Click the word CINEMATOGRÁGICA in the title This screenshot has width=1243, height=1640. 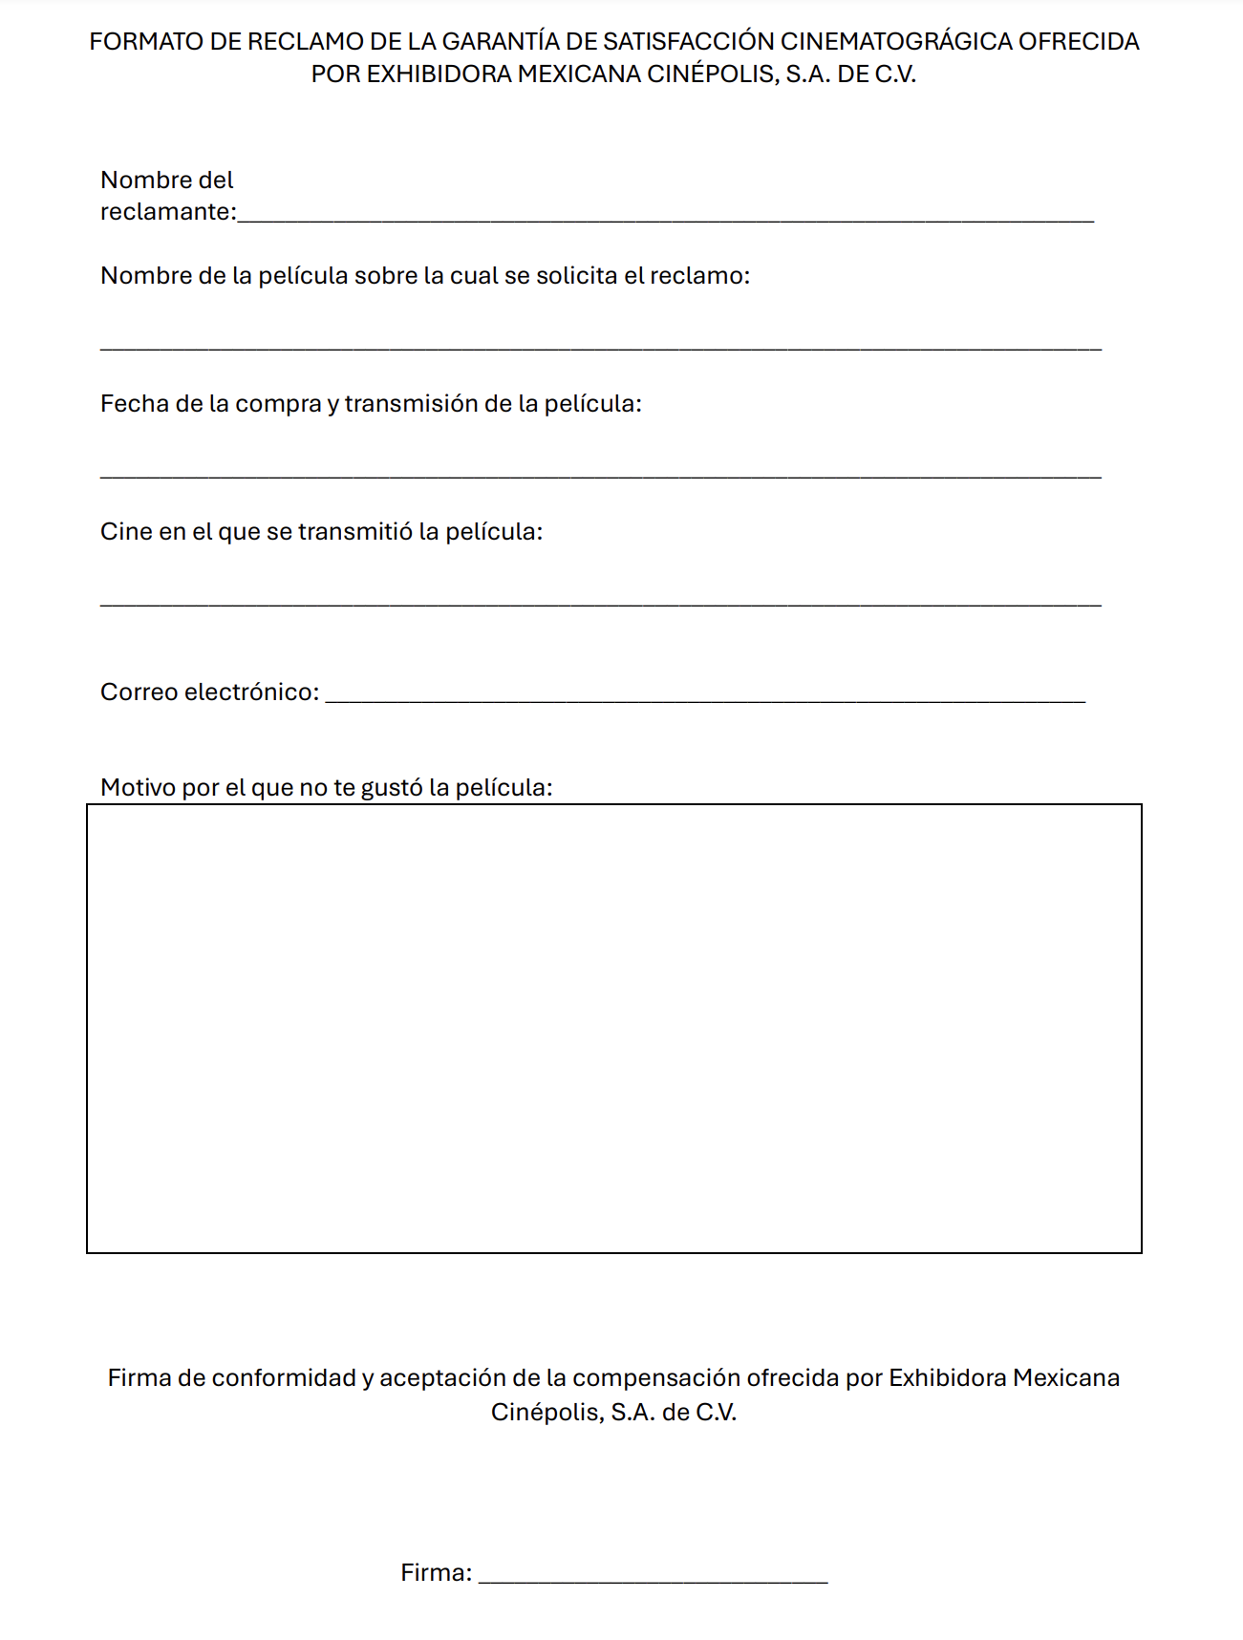[x=895, y=42]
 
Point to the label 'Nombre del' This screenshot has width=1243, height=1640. [x=166, y=180]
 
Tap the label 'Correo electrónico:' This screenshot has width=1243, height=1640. [x=209, y=692]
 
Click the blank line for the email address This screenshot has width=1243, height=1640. [x=705, y=699]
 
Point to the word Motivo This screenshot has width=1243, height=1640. [x=138, y=788]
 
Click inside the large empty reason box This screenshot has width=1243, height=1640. [x=613, y=1028]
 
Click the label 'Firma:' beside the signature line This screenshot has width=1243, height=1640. [x=436, y=1573]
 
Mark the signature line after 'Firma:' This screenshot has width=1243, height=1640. [x=653, y=1581]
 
